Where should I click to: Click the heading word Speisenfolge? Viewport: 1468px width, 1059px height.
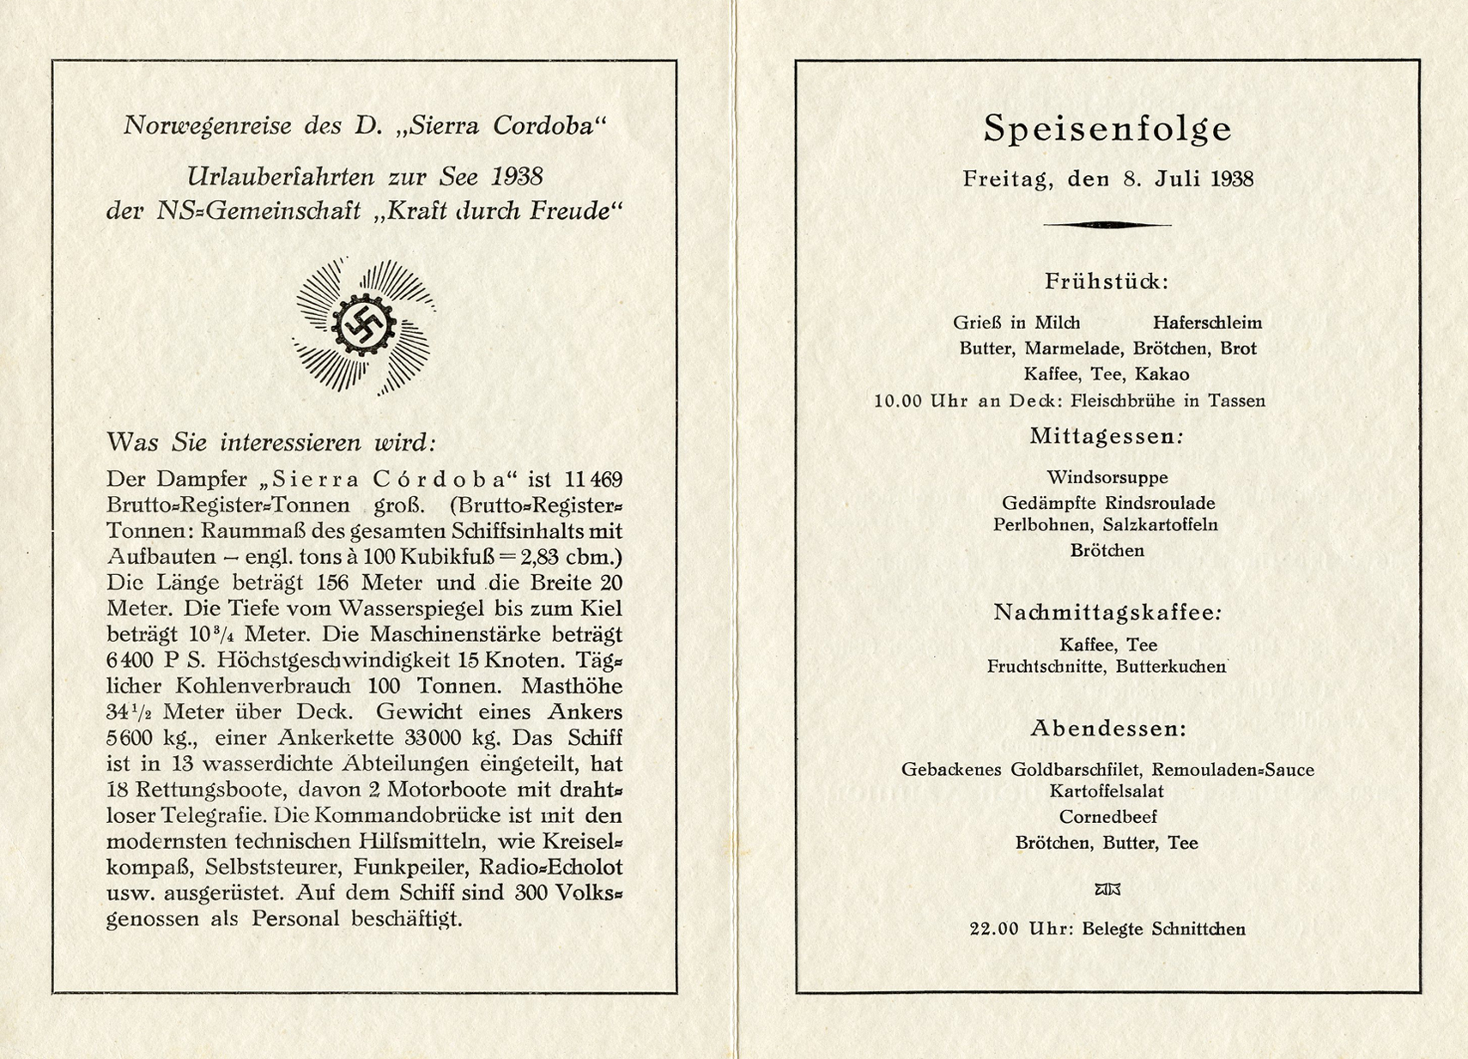point(1107,129)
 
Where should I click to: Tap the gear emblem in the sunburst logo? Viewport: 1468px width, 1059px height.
point(363,325)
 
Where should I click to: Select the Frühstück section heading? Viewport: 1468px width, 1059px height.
point(1107,281)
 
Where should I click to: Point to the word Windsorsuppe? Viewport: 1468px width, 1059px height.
point(1107,477)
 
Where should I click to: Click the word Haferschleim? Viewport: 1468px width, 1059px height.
point(1207,323)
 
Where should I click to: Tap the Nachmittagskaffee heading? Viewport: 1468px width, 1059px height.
point(1107,613)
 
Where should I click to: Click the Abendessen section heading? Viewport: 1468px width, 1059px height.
point(1107,729)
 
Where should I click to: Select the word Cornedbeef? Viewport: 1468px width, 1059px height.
point(1107,817)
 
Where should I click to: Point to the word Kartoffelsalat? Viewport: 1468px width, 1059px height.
point(1107,791)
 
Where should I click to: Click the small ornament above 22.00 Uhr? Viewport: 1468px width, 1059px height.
point(1107,890)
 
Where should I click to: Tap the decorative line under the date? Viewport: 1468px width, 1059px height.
point(1107,225)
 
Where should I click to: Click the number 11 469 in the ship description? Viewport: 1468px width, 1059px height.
point(594,479)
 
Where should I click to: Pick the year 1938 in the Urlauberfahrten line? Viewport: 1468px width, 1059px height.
point(517,177)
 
